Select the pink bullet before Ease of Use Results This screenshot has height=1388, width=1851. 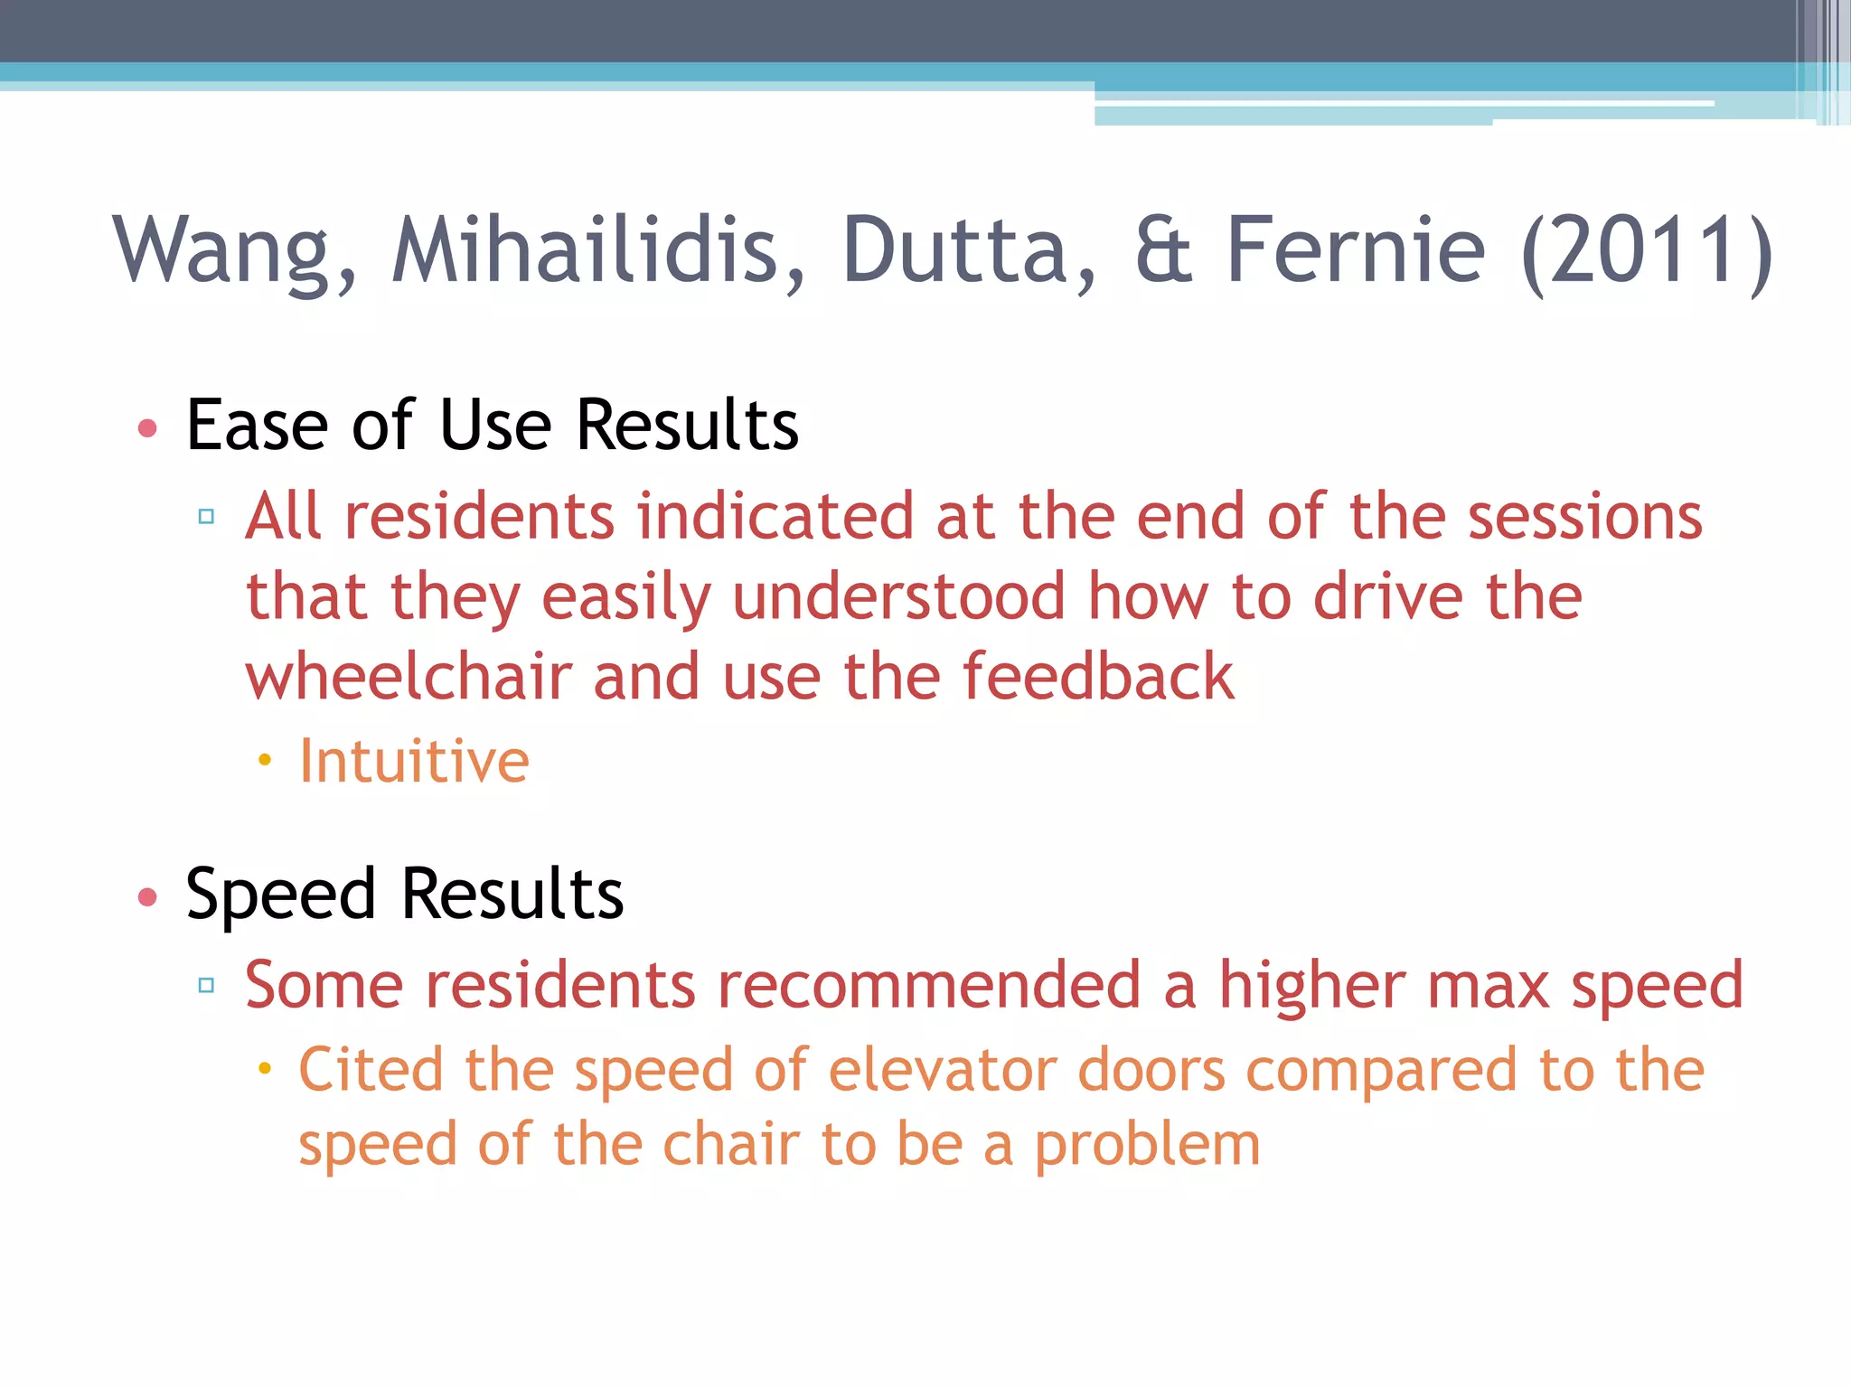[x=148, y=427]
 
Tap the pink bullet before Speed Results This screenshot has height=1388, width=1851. [x=148, y=896]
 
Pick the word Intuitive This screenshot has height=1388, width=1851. [x=414, y=761]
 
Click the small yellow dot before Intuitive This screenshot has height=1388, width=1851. [x=264, y=761]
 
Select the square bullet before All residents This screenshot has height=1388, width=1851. [x=206, y=517]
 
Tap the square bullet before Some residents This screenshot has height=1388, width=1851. [x=206, y=985]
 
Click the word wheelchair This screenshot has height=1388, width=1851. [x=409, y=677]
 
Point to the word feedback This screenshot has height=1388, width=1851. [x=1098, y=677]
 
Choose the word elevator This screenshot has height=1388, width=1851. [x=943, y=1070]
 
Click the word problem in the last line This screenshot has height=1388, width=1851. [x=1147, y=1146]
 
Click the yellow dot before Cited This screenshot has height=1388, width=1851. [x=264, y=1069]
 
